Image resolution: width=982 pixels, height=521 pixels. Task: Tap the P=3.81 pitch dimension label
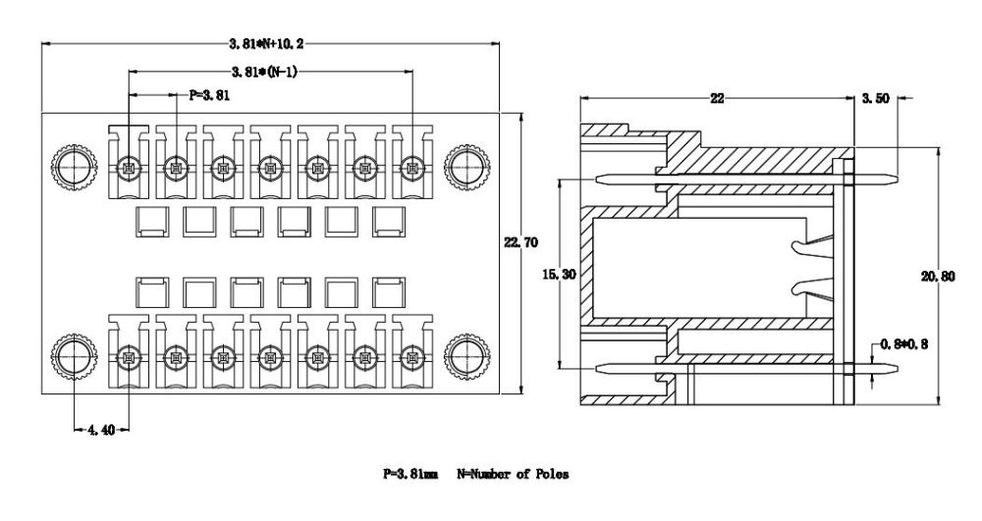tap(209, 95)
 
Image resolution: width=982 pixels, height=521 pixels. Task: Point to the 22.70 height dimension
tap(520, 241)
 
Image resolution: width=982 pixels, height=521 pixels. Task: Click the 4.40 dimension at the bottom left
tap(101, 429)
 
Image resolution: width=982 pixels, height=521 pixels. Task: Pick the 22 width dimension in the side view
tap(717, 98)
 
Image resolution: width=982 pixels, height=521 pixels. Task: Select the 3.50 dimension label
tap(874, 98)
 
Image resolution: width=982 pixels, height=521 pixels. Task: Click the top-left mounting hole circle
tap(73, 168)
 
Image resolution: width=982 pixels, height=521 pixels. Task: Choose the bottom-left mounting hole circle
tap(73, 355)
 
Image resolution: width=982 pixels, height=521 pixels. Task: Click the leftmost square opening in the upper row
tap(150, 222)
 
